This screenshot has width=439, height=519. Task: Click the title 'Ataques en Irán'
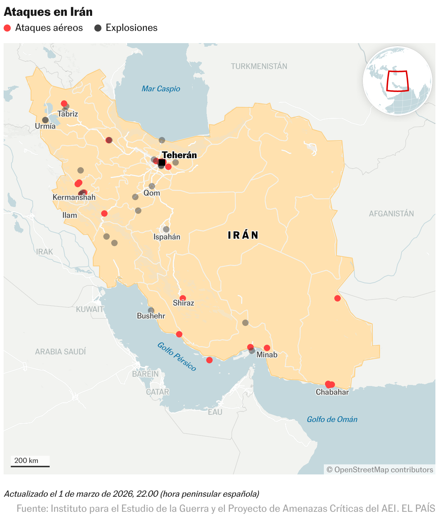48,12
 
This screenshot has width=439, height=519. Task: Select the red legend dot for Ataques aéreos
7,28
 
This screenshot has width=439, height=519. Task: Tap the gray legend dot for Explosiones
98,28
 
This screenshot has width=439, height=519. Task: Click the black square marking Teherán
162,163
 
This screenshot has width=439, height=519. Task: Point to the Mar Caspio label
160,89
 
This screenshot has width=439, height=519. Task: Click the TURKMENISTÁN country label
259,66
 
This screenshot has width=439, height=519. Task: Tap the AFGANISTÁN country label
391,213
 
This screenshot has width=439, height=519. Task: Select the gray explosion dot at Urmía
45,120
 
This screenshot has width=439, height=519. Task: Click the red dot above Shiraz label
183,298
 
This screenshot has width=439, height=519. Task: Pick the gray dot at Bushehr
151,311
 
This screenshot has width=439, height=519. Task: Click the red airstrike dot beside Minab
267,348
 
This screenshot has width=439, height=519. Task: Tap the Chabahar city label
332,392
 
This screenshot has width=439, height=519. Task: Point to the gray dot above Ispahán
166,229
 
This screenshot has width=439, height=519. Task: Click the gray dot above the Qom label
152,186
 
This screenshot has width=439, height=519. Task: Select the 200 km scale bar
30,466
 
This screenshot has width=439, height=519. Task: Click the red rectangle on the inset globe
397,81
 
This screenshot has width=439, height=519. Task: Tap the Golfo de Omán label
332,419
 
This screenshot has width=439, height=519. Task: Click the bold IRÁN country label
243,235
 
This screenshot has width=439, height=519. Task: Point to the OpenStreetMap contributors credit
380,470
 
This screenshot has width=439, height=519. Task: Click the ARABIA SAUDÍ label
60,352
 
